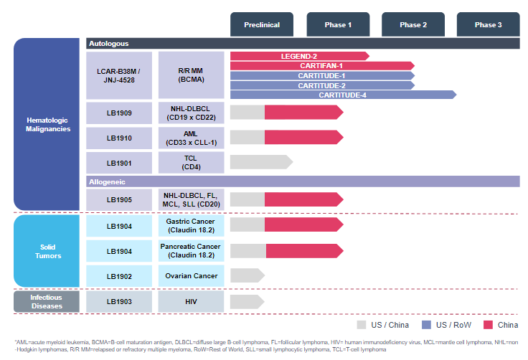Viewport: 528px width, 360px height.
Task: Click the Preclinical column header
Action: [x=262, y=24]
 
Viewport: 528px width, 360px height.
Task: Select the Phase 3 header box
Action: [x=488, y=24]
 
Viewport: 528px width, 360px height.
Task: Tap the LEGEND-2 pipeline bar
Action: [x=299, y=56]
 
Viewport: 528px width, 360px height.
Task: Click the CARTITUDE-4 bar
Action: [x=343, y=95]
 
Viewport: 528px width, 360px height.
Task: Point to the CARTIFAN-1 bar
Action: [x=322, y=65]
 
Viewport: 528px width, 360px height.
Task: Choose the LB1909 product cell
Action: [x=119, y=113]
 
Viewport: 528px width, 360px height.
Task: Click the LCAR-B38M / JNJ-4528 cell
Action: [x=119, y=75]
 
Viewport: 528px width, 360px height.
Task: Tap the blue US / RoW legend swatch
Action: [x=424, y=324]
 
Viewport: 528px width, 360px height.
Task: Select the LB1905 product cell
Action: [x=119, y=200]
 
